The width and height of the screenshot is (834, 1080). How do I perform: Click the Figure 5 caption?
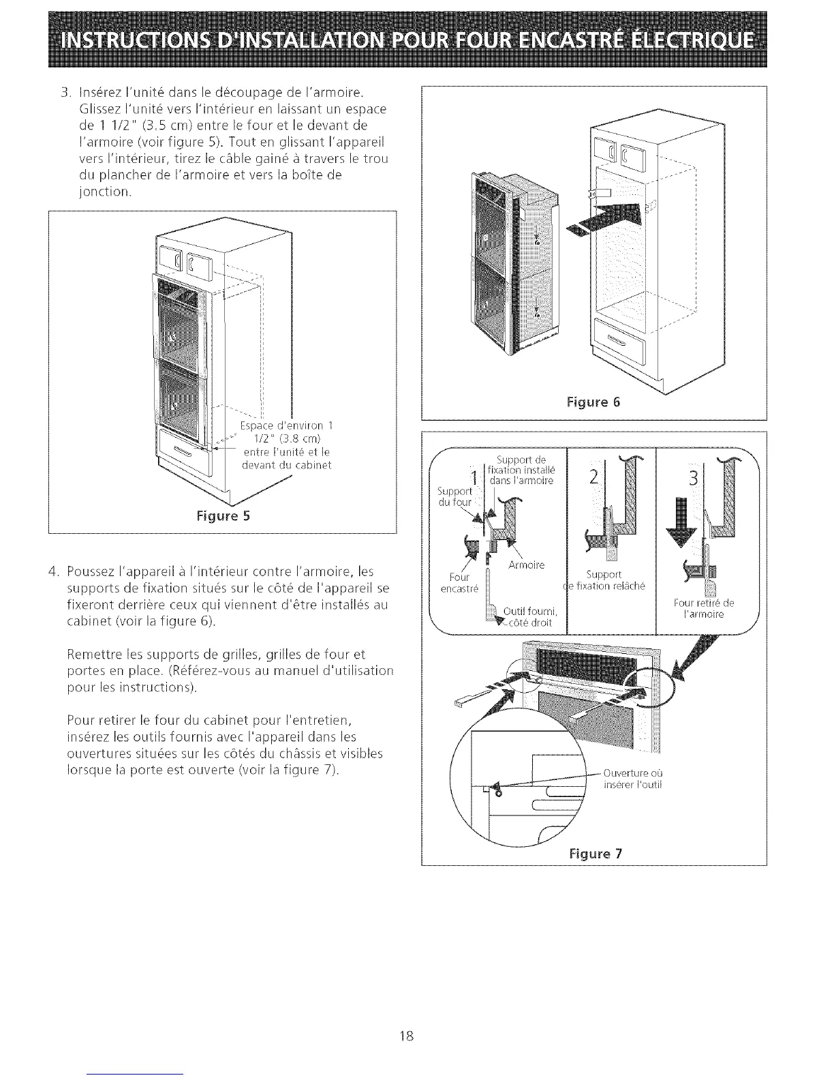pos(223,515)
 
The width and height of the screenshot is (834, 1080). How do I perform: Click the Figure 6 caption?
pos(593,402)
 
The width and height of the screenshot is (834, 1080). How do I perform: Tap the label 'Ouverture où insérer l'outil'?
pos(634,778)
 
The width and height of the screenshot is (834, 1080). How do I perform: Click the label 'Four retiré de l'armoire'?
pos(703,607)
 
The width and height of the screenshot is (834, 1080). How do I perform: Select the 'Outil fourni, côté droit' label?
pos(530,616)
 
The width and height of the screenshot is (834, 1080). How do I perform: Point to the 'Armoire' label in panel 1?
pos(526,565)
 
